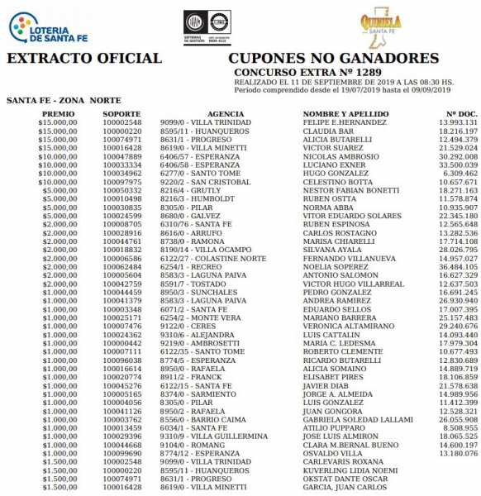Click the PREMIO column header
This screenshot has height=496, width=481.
coord(58,113)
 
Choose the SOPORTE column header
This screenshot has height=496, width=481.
coord(121,113)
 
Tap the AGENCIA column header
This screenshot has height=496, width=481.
coord(202,113)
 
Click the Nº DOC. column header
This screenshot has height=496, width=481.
coord(461,113)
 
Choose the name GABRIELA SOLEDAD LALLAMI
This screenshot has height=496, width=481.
coord(358,420)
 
